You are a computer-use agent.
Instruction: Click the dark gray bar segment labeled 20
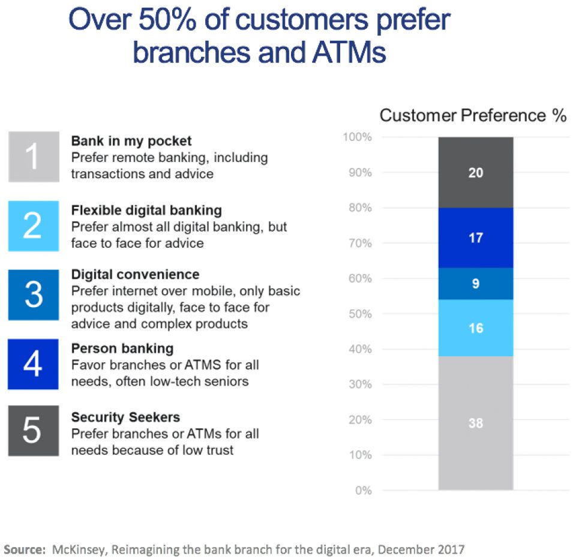475,173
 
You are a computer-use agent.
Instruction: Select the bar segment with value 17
475,238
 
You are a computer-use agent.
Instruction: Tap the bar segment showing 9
475,284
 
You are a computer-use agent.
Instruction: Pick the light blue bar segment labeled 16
475,329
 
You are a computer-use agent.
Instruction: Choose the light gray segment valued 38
475,423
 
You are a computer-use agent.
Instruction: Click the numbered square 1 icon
34,157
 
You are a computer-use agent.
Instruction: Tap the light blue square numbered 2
34,226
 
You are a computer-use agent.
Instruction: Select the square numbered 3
34,295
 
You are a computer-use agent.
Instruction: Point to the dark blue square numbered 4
34,364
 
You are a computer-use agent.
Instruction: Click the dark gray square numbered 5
34,431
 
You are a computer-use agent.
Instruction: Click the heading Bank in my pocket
131,142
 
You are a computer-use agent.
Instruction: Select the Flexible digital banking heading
146,211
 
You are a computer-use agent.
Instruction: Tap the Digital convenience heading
135,275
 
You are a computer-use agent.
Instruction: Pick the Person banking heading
122,348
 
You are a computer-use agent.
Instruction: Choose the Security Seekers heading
125,417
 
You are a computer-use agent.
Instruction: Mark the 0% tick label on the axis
363,491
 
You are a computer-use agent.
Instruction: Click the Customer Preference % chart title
473,115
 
